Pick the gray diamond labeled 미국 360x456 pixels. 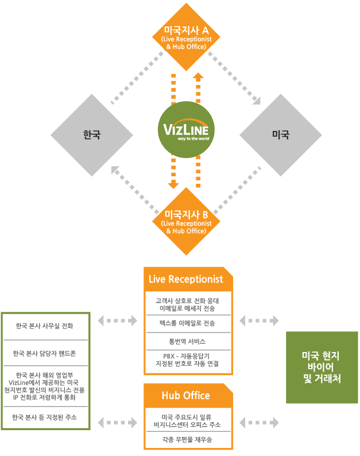[x=280, y=136]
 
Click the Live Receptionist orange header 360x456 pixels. [x=185, y=280]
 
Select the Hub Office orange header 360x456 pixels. [x=185, y=396]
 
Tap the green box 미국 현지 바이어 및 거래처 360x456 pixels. [x=322, y=367]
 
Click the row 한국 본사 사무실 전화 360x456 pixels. [x=45, y=326]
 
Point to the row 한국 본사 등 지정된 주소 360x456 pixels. [x=45, y=418]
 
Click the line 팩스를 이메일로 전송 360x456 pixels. [x=188, y=323]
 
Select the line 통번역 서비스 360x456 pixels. [x=188, y=341]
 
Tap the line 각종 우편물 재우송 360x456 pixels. [x=188, y=439]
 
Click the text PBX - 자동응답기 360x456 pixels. [x=188, y=355]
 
